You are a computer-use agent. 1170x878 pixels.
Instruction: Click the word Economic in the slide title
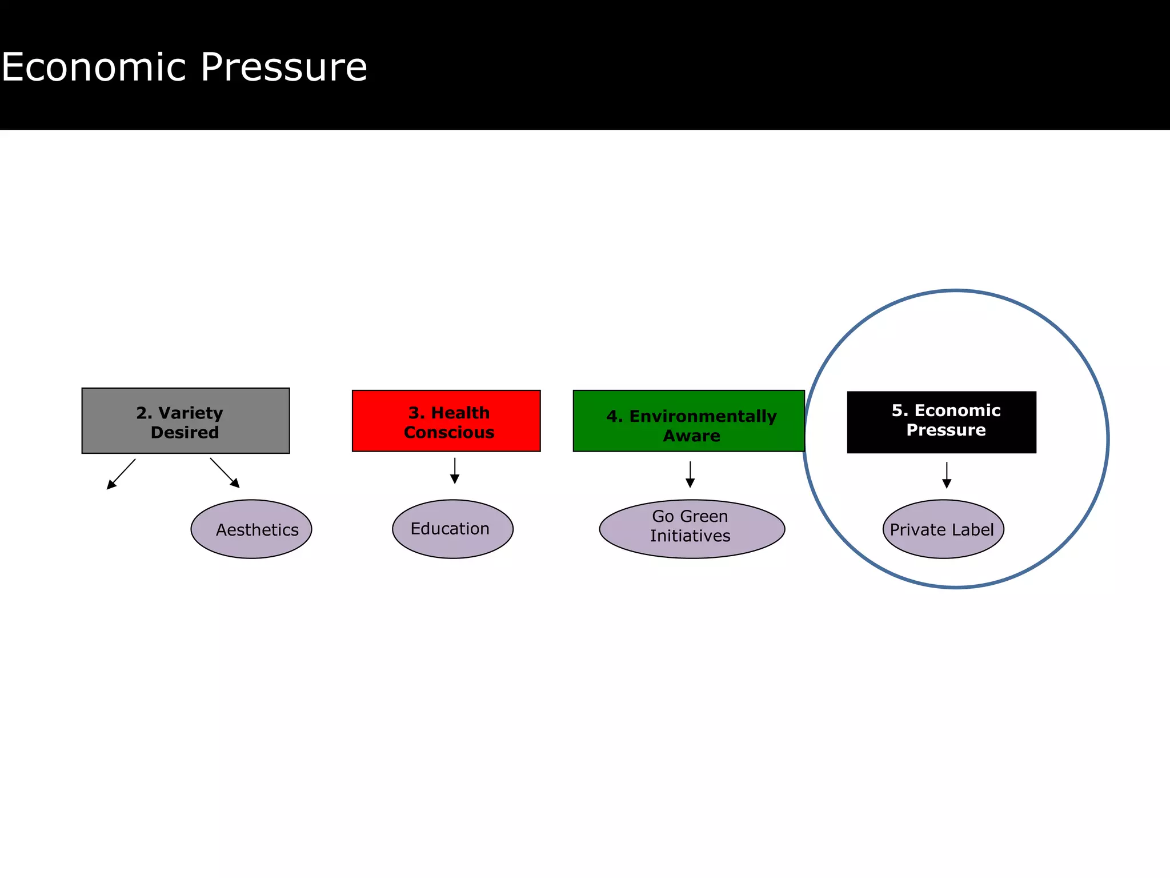(x=94, y=67)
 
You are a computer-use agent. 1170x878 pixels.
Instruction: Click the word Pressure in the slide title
(x=284, y=67)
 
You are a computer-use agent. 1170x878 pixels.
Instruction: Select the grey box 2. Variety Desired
(x=186, y=421)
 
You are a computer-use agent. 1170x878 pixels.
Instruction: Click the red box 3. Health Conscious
(x=446, y=421)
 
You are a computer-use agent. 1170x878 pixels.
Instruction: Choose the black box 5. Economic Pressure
(x=941, y=422)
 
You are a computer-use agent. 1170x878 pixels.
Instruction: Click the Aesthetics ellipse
(x=251, y=529)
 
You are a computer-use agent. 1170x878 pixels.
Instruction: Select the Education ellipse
(x=452, y=529)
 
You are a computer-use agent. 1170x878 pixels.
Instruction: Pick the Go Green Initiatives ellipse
(x=692, y=529)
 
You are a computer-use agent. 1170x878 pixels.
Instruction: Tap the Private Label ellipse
(x=943, y=529)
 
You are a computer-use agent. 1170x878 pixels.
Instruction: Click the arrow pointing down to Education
(x=455, y=470)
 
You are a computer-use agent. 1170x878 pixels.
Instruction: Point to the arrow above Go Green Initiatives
(x=690, y=474)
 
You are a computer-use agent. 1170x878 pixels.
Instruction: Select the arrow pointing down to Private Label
(x=947, y=475)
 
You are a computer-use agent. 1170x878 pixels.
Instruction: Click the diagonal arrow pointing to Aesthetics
(x=225, y=473)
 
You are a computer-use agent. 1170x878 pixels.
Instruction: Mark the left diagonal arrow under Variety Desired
(x=121, y=474)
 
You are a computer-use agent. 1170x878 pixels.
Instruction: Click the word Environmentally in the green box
(x=703, y=416)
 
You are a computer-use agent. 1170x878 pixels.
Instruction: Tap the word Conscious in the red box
(x=449, y=432)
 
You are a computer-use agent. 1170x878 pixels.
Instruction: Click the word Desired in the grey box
(x=185, y=432)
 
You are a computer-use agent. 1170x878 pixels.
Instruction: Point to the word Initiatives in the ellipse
(x=690, y=536)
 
